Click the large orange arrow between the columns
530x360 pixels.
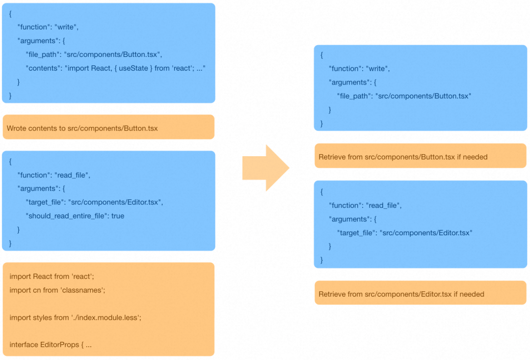[265, 168]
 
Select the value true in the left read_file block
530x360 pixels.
[118, 216]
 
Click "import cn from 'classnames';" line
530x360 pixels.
[57, 290]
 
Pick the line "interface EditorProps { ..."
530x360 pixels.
[51, 345]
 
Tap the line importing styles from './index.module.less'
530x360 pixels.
[76, 318]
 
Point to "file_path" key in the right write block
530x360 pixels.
[353, 96]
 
